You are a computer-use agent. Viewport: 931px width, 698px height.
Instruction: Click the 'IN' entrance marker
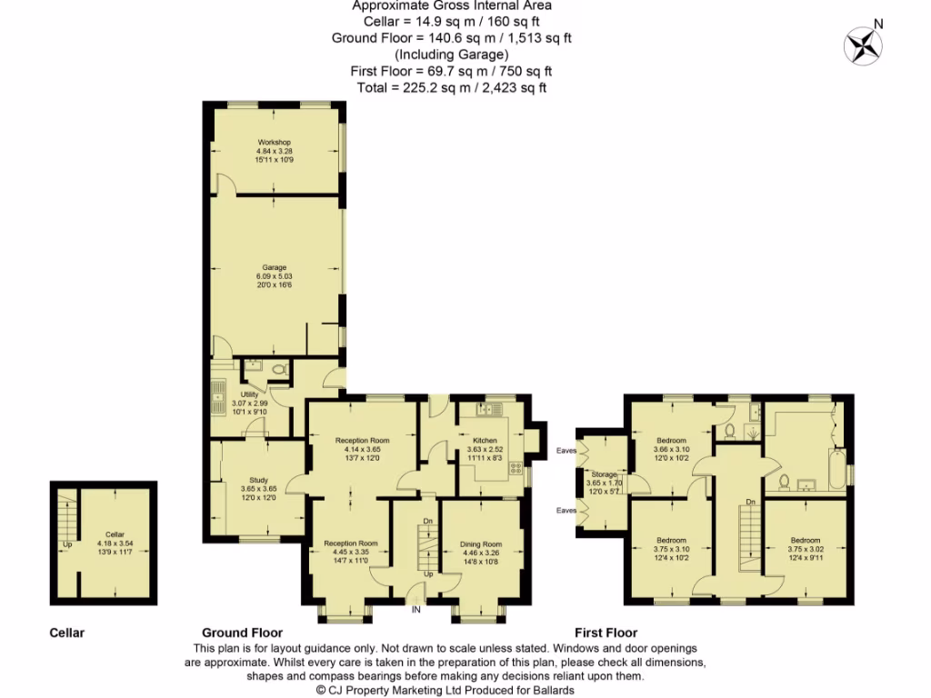pyautogui.click(x=416, y=609)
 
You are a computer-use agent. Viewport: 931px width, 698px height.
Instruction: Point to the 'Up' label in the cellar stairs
pyautogui.click(x=66, y=545)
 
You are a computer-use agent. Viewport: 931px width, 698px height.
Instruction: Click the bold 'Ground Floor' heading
pyautogui.click(x=242, y=633)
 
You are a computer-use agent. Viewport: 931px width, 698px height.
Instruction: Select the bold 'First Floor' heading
pyautogui.click(x=606, y=633)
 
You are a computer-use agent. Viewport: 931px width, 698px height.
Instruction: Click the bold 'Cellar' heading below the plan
pyautogui.click(x=66, y=633)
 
